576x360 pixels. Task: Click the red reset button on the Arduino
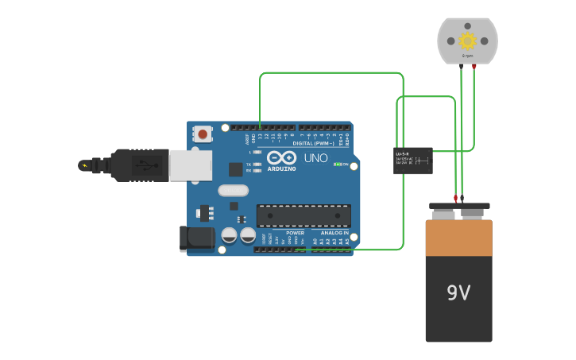[203, 134]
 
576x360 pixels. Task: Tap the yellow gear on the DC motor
[467, 41]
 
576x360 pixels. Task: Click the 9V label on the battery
[458, 293]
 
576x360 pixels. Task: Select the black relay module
[413, 161]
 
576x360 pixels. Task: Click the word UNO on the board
[315, 158]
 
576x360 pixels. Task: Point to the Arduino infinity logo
[280, 157]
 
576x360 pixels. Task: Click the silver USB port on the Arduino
[191, 165]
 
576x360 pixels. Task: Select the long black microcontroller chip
[303, 215]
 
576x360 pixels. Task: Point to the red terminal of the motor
[474, 67]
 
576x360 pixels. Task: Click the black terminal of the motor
[461, 67]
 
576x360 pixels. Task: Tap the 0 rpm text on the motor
[467, 56]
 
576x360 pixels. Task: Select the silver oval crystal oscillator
[233, 190]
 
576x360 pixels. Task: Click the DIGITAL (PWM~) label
[314, 143]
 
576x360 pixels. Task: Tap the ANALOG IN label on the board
[334, 233]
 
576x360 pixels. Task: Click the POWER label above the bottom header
[295, 233]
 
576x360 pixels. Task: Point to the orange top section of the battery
[458, 238]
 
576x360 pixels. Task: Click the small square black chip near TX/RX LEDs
[236, 168]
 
